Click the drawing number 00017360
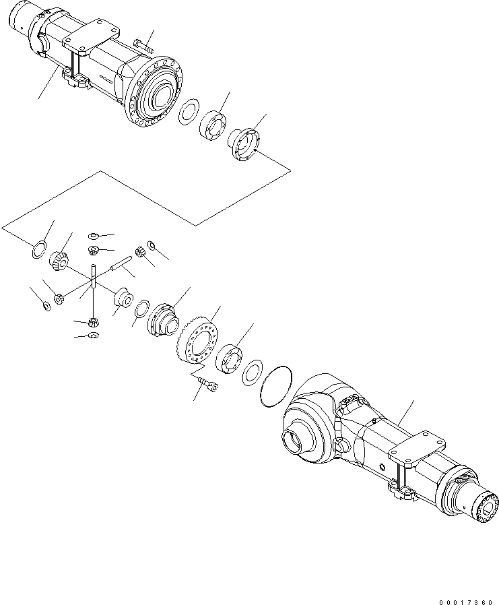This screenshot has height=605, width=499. (465, 594)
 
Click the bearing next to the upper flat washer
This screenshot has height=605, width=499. (214, 125)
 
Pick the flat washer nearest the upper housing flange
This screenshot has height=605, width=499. (188, 112)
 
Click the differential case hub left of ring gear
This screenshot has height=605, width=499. (162, 317)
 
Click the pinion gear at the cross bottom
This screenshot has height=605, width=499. (94, 321)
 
